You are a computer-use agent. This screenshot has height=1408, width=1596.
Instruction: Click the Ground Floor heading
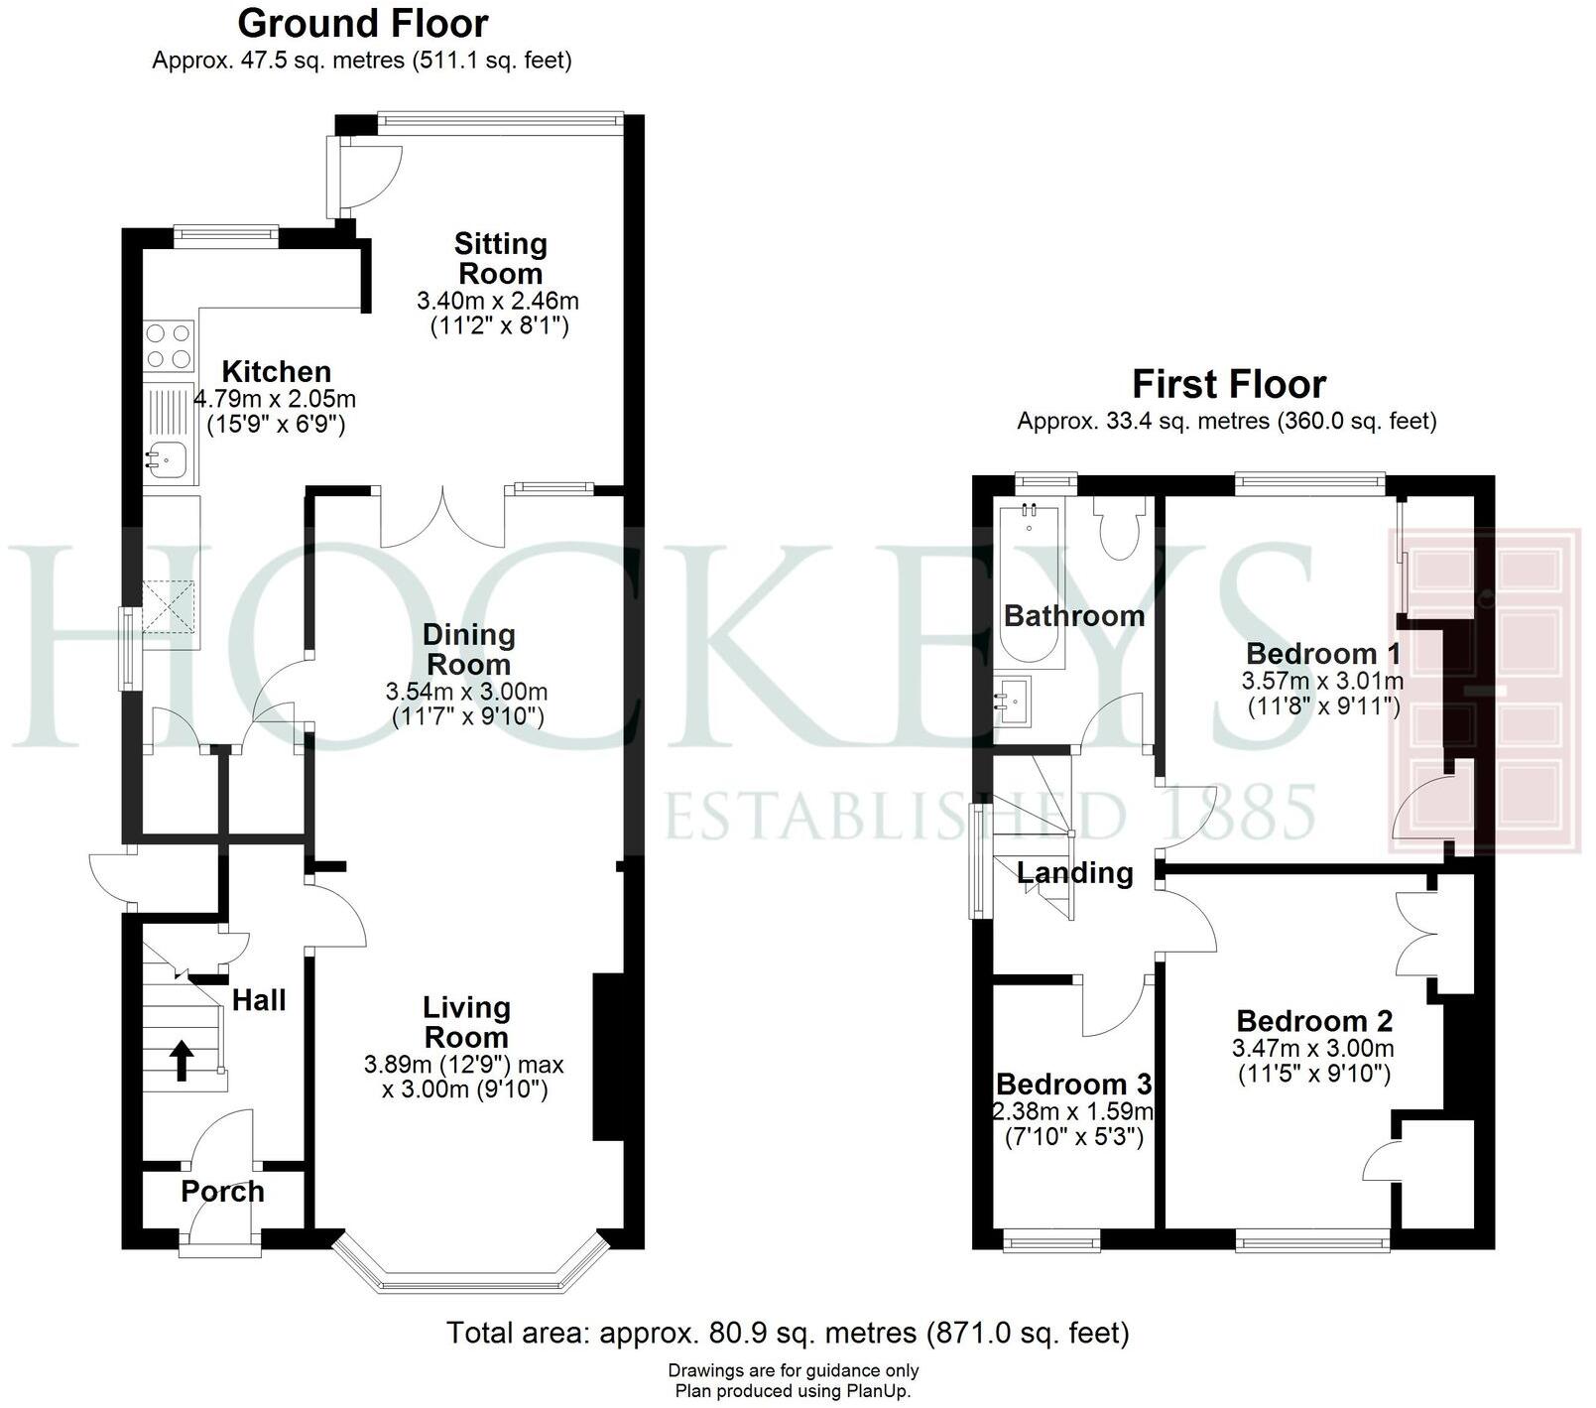click(363, 24)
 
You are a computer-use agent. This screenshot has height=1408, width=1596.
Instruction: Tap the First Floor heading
click(1229, 384)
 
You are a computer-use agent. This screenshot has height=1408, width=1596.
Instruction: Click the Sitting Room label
click(500, 258)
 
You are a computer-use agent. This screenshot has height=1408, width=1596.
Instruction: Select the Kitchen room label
click(276, 372)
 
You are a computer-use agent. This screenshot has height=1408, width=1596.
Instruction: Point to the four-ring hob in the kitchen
click(169, 346)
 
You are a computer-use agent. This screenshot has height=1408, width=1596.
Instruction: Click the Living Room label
click(466, 1022)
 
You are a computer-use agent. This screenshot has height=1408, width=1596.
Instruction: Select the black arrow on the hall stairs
click(182, 1059)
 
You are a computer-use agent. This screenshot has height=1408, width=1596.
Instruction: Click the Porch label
click(222, 1192)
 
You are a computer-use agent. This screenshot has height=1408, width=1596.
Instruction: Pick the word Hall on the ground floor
click(259, 1000)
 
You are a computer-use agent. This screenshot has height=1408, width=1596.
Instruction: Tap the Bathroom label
click(1074, 616)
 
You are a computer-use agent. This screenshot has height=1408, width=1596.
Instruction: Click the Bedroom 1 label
click(1323, 654)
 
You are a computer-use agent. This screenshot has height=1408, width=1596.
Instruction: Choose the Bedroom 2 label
click(1314, 1021)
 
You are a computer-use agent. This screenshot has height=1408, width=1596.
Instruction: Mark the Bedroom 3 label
click(1074, 1085)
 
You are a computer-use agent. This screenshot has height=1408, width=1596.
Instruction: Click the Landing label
click(1075, 873)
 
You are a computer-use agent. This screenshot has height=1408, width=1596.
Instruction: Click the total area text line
click(788, 1333)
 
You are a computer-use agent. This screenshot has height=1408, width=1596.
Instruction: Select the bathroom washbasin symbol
click(1013, 698)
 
